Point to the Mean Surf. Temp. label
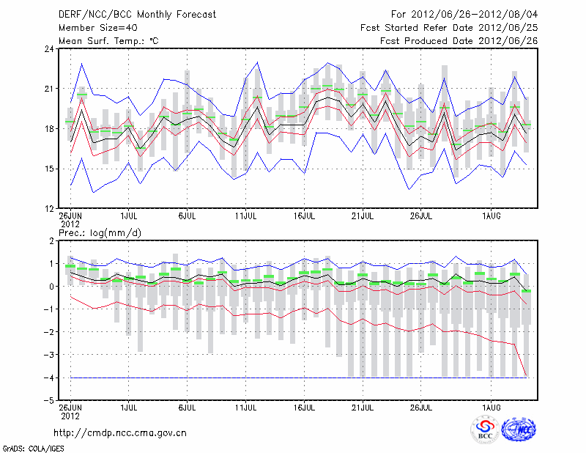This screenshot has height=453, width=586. tap(108, 40)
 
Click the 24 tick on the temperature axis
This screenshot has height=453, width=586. tap(49, 49)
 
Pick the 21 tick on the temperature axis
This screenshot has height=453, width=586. tap(49, 89)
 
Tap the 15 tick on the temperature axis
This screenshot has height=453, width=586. tap(49, 169)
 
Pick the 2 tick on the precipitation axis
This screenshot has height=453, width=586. tap(51, 240)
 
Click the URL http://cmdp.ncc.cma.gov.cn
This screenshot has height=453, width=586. tap(121, 432)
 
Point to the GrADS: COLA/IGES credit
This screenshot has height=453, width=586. tap(30, 447)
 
